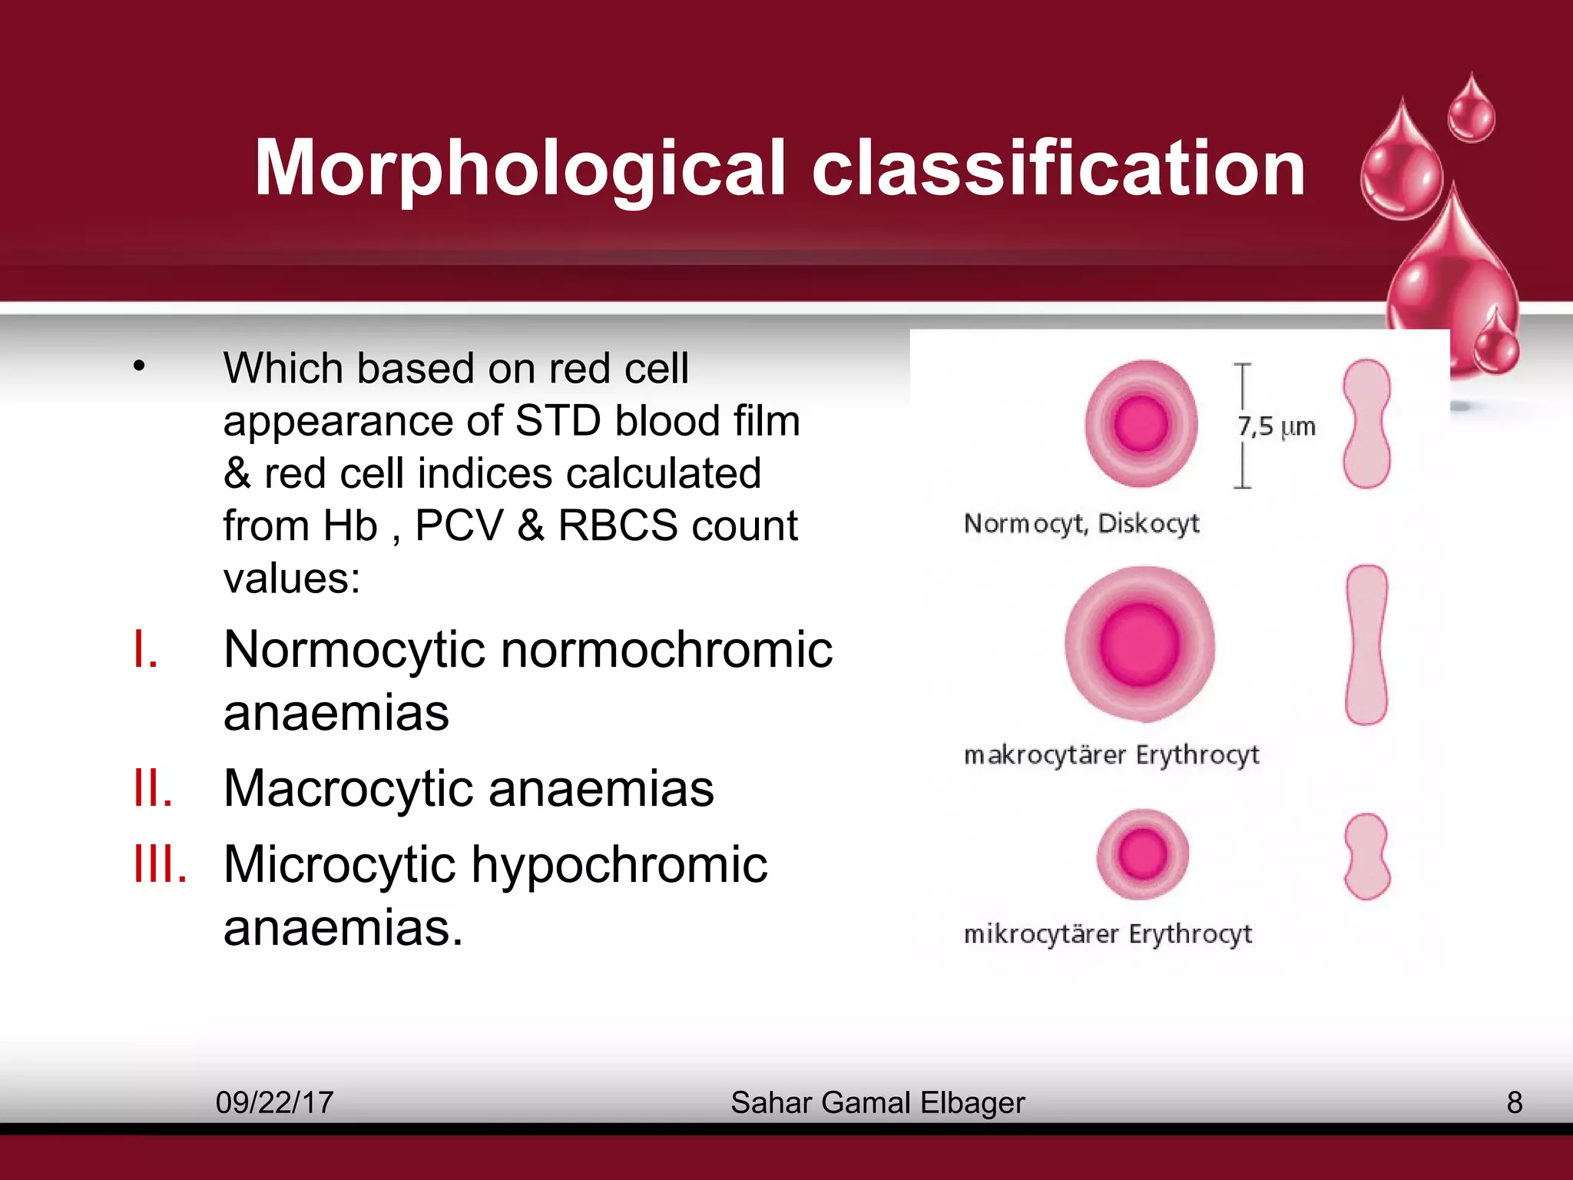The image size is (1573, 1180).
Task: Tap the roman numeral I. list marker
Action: click(x=146, y=650)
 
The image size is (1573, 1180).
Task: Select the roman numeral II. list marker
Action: click(x=153, y=788)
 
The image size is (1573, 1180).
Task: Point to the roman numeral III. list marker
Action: click(x=160, y=864)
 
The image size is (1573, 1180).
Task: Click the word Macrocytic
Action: click(x=349, y=788)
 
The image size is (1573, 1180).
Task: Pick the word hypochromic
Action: click(x=619, y=864)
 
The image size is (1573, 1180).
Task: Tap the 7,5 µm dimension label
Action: click(x=1276, y=426)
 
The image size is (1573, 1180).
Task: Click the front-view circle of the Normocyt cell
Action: click(x=1141, y=423)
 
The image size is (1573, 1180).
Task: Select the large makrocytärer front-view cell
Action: click(x=1140, y=644)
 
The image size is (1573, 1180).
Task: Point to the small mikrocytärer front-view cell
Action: click(x=1142, y=854)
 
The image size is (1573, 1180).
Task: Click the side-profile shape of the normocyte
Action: click(x=1366, y=423)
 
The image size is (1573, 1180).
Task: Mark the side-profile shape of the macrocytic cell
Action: click(x=1367, y=645)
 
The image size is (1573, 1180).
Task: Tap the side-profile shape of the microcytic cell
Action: click(x=1367, y=856)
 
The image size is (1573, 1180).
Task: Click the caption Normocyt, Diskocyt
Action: click(x=1081, y=523)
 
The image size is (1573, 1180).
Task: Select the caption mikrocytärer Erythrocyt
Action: click(x=1108, y=934)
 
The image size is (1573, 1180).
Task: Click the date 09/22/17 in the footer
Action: click(x=274, y=1102)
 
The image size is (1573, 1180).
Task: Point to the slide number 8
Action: click(x=1514, y=1102)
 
